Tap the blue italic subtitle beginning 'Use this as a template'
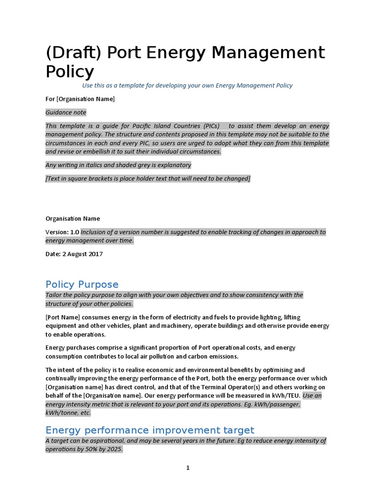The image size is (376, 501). click(187, 85)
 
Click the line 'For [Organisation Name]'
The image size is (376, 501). click(80, 99)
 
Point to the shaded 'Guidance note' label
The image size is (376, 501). click(66, 112)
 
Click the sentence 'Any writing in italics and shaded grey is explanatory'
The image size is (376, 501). click(118, 165)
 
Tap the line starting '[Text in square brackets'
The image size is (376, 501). click(147, 179)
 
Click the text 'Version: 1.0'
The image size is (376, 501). click(63, 232)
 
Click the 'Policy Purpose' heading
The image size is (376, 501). click(82, 284)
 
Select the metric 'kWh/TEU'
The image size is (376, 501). click(288, 395)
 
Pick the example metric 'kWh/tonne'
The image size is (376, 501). click(61, 412)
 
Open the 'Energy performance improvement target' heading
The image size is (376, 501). click(150, 430)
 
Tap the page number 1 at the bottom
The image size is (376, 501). click(188, 468)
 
